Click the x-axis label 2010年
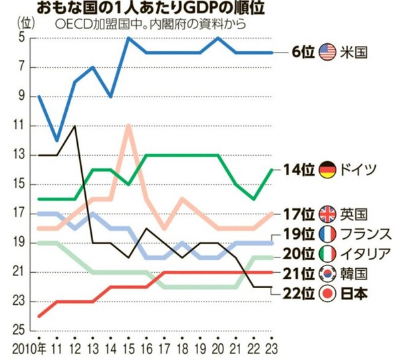click(31, 349)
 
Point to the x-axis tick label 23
click(271, 349)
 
